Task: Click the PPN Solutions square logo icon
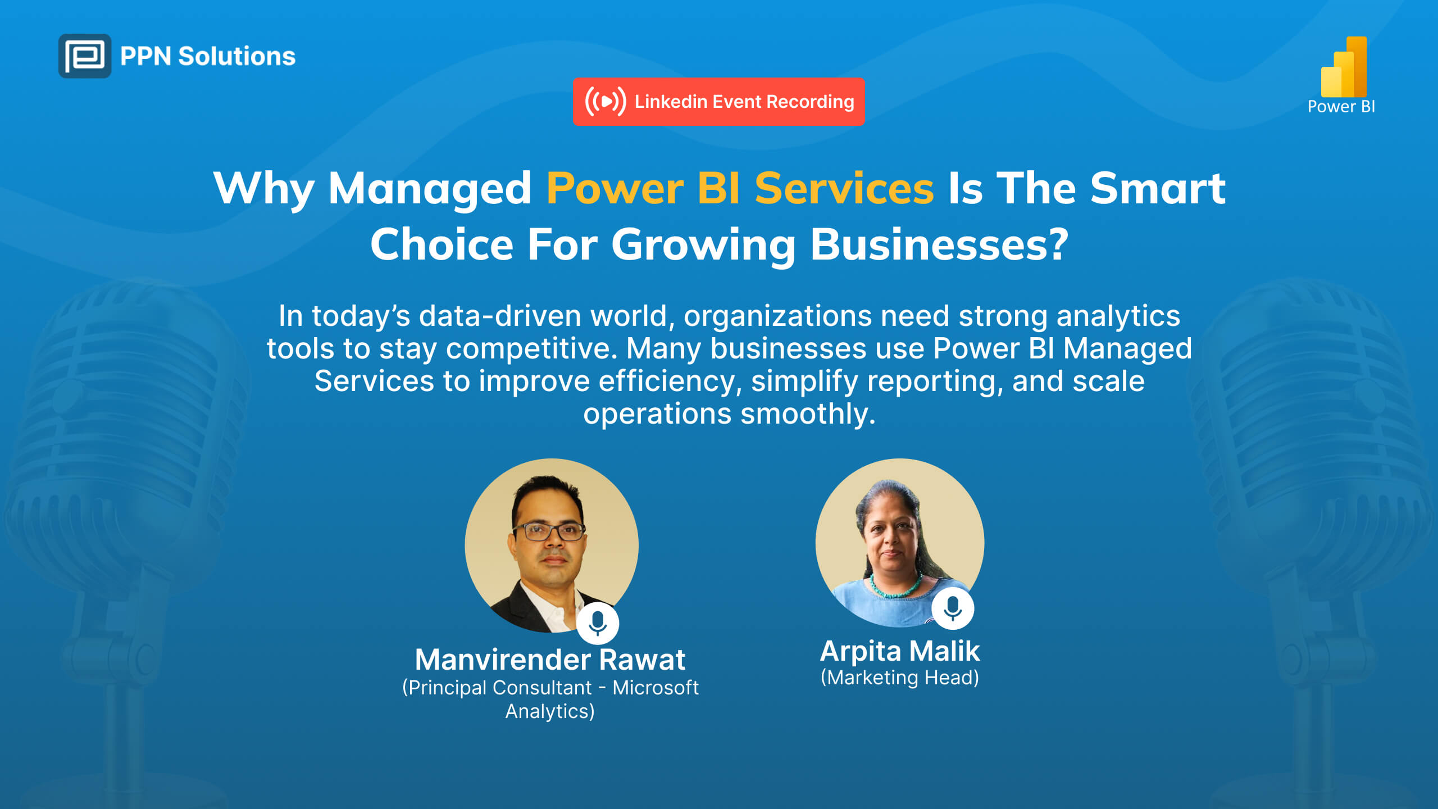coord(85,56)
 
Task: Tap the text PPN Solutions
coord(208,56)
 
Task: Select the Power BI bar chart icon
coord(1344,67)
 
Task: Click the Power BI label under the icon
coord(1341,107)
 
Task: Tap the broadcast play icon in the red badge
coord(606,102)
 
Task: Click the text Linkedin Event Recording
coord(744,102)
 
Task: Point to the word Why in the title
coord(264,189)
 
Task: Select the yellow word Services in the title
coord(844,188)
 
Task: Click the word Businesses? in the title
coord(939,245)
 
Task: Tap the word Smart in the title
coord(1158,188)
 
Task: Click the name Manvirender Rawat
coord(550,660)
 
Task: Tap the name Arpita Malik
coord(900,652)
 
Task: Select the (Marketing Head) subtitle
coord(900,678)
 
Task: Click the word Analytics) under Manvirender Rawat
coord(550,711)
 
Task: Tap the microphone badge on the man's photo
coord(598,623)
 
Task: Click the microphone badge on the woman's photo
coord(953,608)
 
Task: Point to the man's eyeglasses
coord(549,531)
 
